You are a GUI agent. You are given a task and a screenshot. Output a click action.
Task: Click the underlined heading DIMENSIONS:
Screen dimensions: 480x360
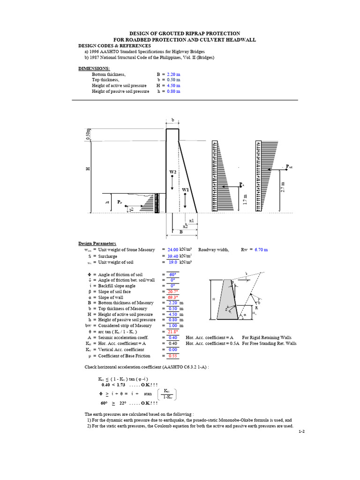click(x=94, y=68)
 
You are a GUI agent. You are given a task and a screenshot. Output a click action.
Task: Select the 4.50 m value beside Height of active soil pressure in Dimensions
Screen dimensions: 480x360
click(x=172, y=86)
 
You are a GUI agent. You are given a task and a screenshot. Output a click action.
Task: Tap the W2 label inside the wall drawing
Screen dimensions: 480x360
click(x=172, y=172)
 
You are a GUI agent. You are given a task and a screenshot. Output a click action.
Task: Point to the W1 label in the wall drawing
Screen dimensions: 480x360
click(x=185, y=189)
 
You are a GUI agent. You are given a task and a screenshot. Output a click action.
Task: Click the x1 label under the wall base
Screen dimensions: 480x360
click(x=191, y=220)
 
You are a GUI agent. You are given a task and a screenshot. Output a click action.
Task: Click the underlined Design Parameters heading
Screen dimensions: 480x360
click(x=97, y=243)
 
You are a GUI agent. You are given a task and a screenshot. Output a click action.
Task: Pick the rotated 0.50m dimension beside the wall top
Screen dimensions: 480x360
click(x=87, y=135)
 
